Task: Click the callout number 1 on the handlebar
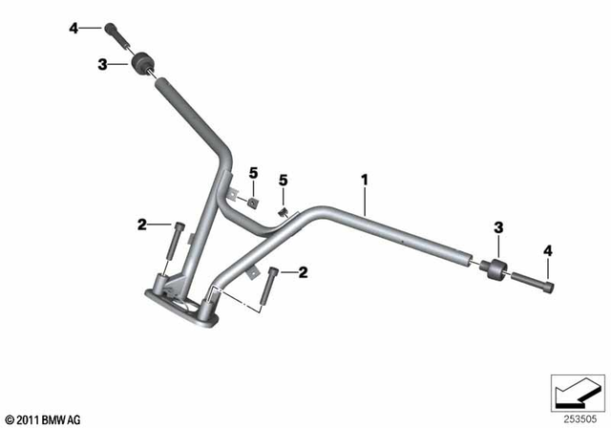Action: pos(364,179)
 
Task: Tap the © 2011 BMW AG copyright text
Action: pos(44,418)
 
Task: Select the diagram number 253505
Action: pos(577,417)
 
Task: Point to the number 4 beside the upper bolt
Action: pos(73,29)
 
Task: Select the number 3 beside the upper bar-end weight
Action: pos(102,64)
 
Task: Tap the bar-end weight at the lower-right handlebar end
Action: pos(493,270)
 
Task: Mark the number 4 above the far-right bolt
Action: pos(548,250)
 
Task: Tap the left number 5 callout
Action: pos(253,172)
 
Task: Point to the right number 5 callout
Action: pos(283,180)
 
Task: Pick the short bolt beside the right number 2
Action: pos(275,283)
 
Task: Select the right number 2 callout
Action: pos(304,273)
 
